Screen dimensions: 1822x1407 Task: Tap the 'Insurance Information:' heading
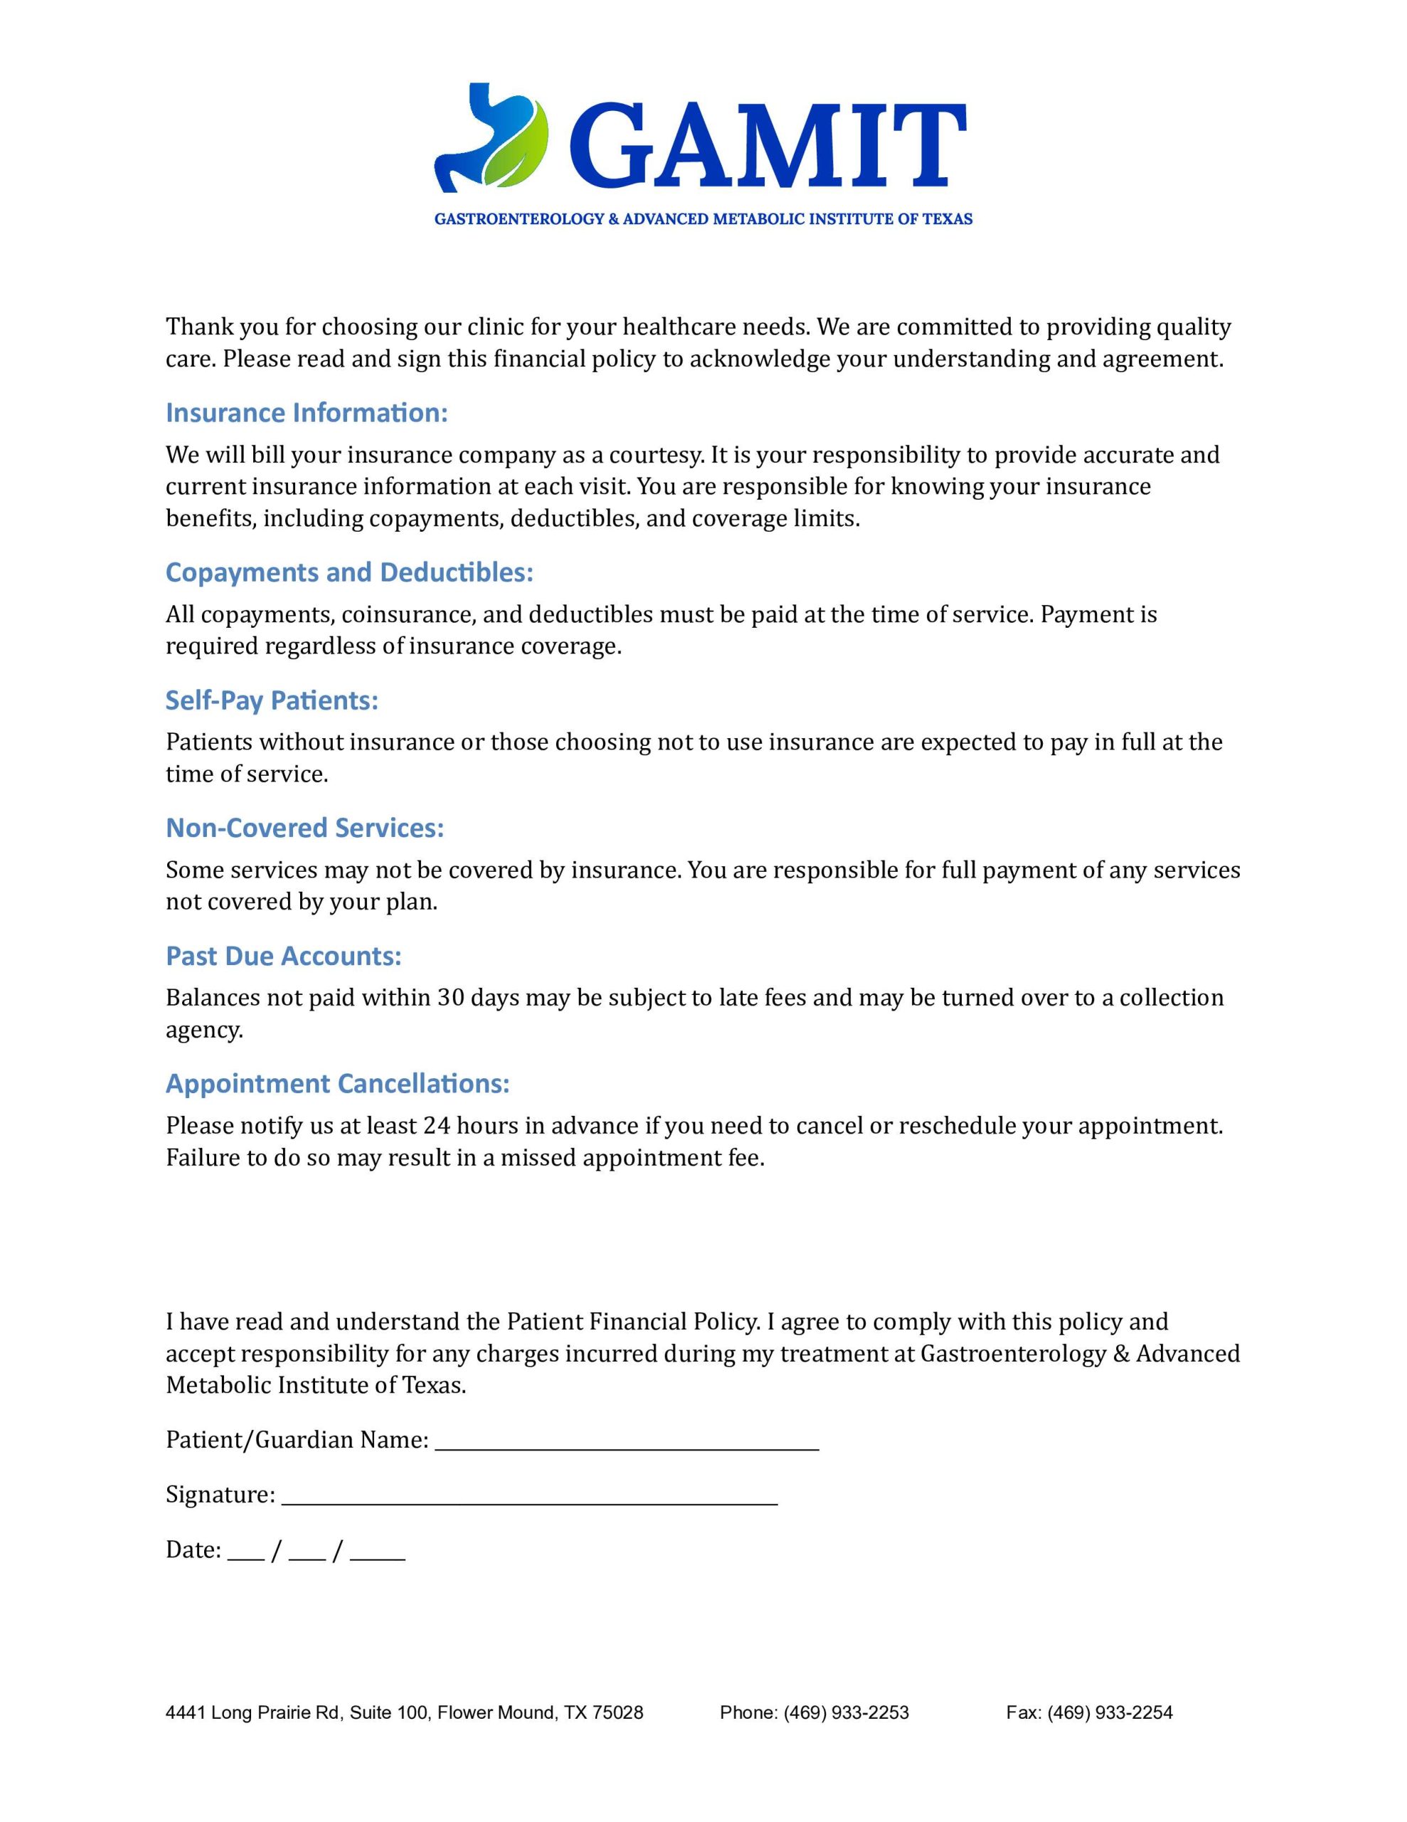click(306, 412)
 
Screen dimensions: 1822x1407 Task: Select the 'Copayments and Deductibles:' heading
click(349, 572)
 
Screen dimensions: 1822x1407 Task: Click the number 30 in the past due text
click(450, 997)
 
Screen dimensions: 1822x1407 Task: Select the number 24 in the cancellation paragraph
click(436, 1125)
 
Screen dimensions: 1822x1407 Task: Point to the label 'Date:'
click(193, 1549)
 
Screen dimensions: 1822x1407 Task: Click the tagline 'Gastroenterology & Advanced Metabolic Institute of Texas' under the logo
click(703, 218)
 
